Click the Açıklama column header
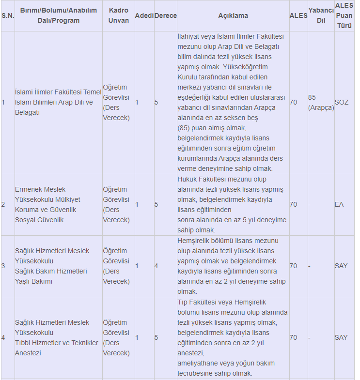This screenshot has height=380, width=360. click(x=233, y=15)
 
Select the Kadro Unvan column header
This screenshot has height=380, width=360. click(x=119, y=15)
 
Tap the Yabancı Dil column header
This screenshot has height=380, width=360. click(x=320, y=15)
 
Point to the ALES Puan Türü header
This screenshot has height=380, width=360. click(x=344, y=15)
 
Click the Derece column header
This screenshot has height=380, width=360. click(x=165, y=15)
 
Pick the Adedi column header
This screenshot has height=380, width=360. click(x=144, y=15)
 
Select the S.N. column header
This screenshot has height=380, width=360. click(x=8, y=15)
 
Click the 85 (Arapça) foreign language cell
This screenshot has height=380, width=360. click(x=321, y=103)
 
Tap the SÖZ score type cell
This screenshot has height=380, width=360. click(x=341, y=103)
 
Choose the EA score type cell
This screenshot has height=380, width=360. click(x=339, y=205)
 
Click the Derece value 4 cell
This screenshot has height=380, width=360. click(x=157, y=266)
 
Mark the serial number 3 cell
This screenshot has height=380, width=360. click(x=3, y=266)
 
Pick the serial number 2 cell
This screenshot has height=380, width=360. click(x=3, y=205)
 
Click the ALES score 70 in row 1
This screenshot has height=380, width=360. click(x=293, y=103)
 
